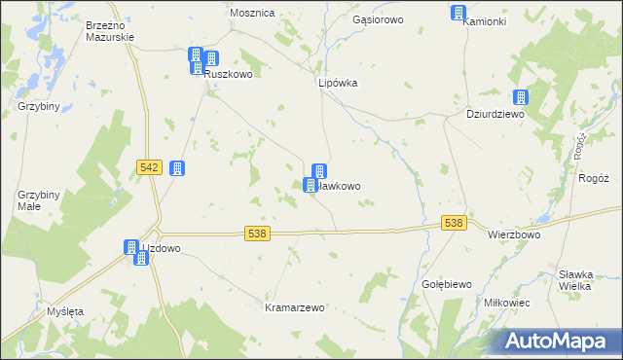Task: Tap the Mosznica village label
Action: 252,13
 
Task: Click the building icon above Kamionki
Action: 458,12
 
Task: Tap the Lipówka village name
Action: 339,83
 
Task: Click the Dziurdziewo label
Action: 495,114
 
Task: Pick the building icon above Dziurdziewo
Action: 521,97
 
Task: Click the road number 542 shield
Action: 149,168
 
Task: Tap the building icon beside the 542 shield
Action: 177,168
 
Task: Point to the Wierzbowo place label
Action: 514,234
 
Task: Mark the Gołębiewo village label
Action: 447,283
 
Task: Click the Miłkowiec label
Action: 506,303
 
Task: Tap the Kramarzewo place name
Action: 295,306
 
